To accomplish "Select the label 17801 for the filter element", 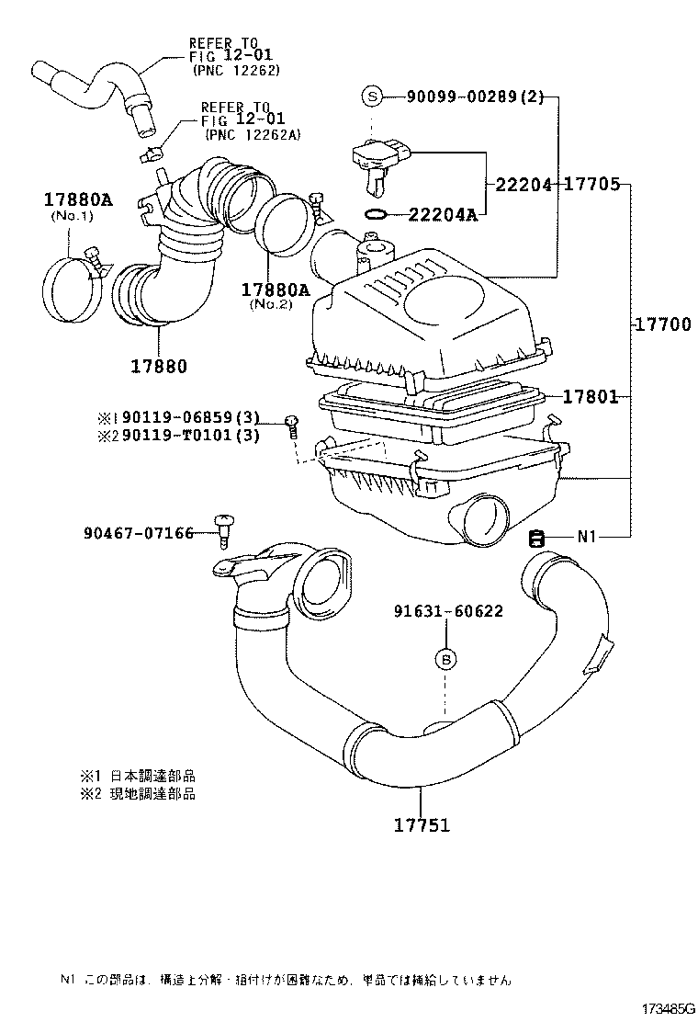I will click(x=590, y=397).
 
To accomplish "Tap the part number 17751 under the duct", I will click(x=422, y=824).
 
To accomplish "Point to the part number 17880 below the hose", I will click(x=158, y=365).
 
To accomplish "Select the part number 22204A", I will click(x=443, y=215).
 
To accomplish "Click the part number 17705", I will click(x=591, y=185).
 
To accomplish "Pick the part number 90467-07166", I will click(x=138, y=533).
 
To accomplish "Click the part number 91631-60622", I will click(x=448, y=611).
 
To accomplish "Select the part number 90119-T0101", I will click(x=177, y=435).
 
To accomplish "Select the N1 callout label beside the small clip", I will click(x=587, y=537).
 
